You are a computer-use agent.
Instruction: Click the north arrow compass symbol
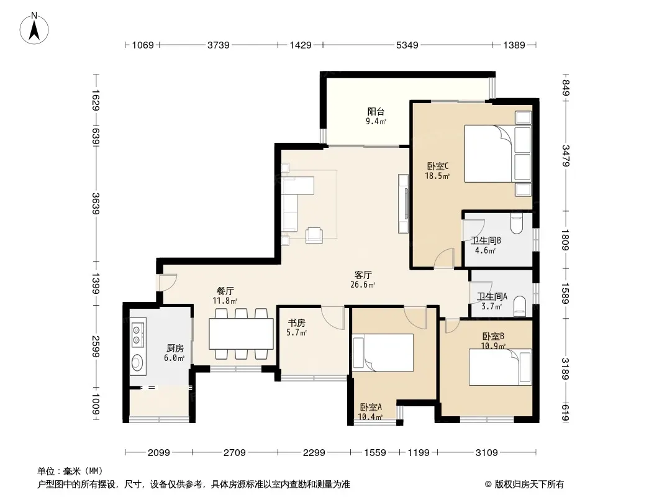[x=34, y=29]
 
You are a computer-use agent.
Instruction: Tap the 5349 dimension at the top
[x=407, y=45]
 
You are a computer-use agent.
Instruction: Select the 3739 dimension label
[x=218, y=45]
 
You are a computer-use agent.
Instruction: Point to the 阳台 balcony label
[x=376, y=112]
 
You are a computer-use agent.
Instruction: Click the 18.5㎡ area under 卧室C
[x=437, y=176]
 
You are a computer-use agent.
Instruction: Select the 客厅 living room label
[x=363, y=275]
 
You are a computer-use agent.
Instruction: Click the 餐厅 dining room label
[x=225, y=291]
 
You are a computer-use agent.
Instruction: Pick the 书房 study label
[x=296, y=323]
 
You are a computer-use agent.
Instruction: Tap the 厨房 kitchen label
[x=175, y=349]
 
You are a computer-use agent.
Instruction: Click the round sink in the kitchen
[x=137, y=362]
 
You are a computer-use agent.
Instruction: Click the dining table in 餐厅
[x=241, y=334]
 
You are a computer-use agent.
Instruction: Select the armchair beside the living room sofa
[x=314, y=235]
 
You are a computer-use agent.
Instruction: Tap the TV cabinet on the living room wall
[x=403, y=204]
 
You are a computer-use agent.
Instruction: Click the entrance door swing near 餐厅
[x=168, y=282]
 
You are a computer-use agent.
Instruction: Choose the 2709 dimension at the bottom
[x=234, y=453]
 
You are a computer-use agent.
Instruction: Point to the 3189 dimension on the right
[x=565, y=368]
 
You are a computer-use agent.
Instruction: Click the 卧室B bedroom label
[x=493, y=337]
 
